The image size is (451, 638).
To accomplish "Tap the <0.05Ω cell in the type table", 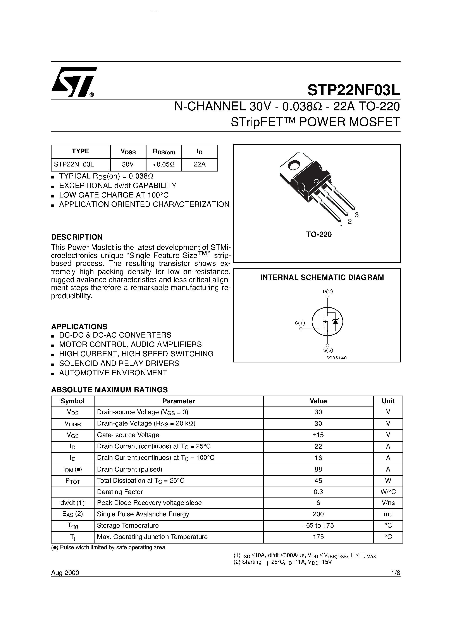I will click(x=164, y=164).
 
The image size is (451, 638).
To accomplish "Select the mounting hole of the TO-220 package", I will click(x=293, y=165).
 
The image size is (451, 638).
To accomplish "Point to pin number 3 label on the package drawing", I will click(x=357, y=215).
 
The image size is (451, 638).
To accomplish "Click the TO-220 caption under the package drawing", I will click(x=319, y=235).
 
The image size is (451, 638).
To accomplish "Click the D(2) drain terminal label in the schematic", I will click(x=328, y=292).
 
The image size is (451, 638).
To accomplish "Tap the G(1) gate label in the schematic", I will click(x=300, y=323).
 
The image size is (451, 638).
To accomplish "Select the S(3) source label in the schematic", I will click(x=328, y=350).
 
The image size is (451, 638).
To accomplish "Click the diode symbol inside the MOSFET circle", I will click(x=336, y=322).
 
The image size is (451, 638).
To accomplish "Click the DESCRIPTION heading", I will click(x=77, y=237).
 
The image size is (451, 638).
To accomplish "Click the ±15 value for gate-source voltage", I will click(x=318, y=435).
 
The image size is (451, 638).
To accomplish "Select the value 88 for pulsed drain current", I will click(x=318, y=469).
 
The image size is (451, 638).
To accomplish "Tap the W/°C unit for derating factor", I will click(x=388, y=492).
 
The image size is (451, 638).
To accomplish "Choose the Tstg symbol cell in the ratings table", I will click(x=72, y=526).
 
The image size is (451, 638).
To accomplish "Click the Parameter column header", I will click(x=179, y=401).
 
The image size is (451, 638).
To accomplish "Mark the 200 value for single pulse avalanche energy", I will click(x=318, y=514).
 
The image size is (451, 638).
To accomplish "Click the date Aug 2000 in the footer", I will click(x=65, y=573).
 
